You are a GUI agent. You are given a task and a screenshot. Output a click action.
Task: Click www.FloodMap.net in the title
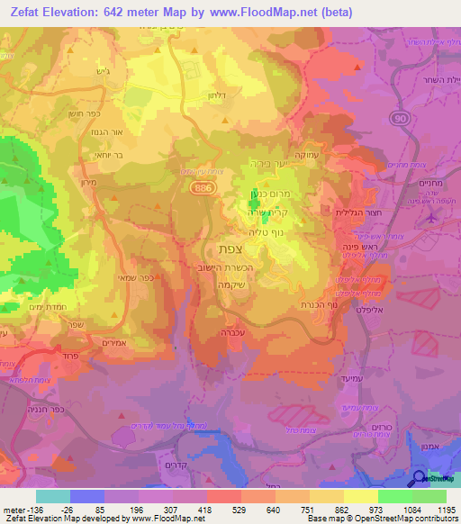pos(271,12)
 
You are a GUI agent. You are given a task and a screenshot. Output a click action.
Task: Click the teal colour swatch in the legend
pos(52,496)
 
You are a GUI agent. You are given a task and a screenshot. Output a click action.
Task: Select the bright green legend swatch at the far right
pos(429,496)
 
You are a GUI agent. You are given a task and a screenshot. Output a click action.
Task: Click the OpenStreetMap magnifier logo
pos(420,479)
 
